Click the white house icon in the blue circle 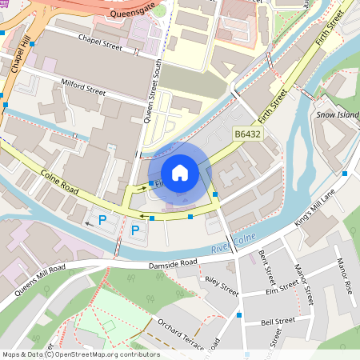[x=180, y=172]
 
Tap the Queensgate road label [x=133, y=13]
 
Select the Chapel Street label [x=100, y=42]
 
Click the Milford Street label [x=83, y=87]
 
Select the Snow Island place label [x=337, y=114]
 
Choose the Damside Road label [x=173, y=265]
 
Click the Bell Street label [x=278, y=322]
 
